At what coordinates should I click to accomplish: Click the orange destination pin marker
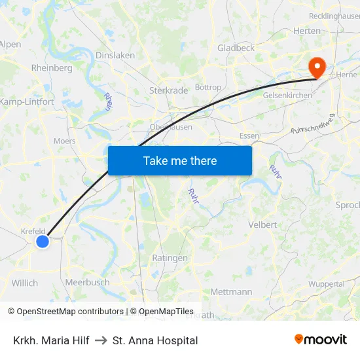click(318, 67)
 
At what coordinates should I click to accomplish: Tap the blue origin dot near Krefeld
click(43, 242)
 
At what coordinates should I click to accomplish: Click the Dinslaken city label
click(115, 56)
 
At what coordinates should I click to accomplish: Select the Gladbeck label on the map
click(236, 48)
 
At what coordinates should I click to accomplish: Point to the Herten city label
click(306, 31)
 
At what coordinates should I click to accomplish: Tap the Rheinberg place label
click(52, 68)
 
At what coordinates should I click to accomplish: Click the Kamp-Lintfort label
click(27, 102)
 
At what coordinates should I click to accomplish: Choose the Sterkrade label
click(169, 90)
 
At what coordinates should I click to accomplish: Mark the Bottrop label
click(208, 87)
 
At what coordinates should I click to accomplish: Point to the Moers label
click(65, 141)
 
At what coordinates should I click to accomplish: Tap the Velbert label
click(263, 225)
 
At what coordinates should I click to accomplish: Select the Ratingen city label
click(170, 258)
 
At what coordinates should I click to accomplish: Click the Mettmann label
click(232, 292)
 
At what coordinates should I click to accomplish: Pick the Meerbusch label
click(87, 282)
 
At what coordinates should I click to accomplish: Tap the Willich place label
click(25, 283)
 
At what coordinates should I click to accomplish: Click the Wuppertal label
click(326, 284)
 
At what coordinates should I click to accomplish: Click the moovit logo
click(321, 340)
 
